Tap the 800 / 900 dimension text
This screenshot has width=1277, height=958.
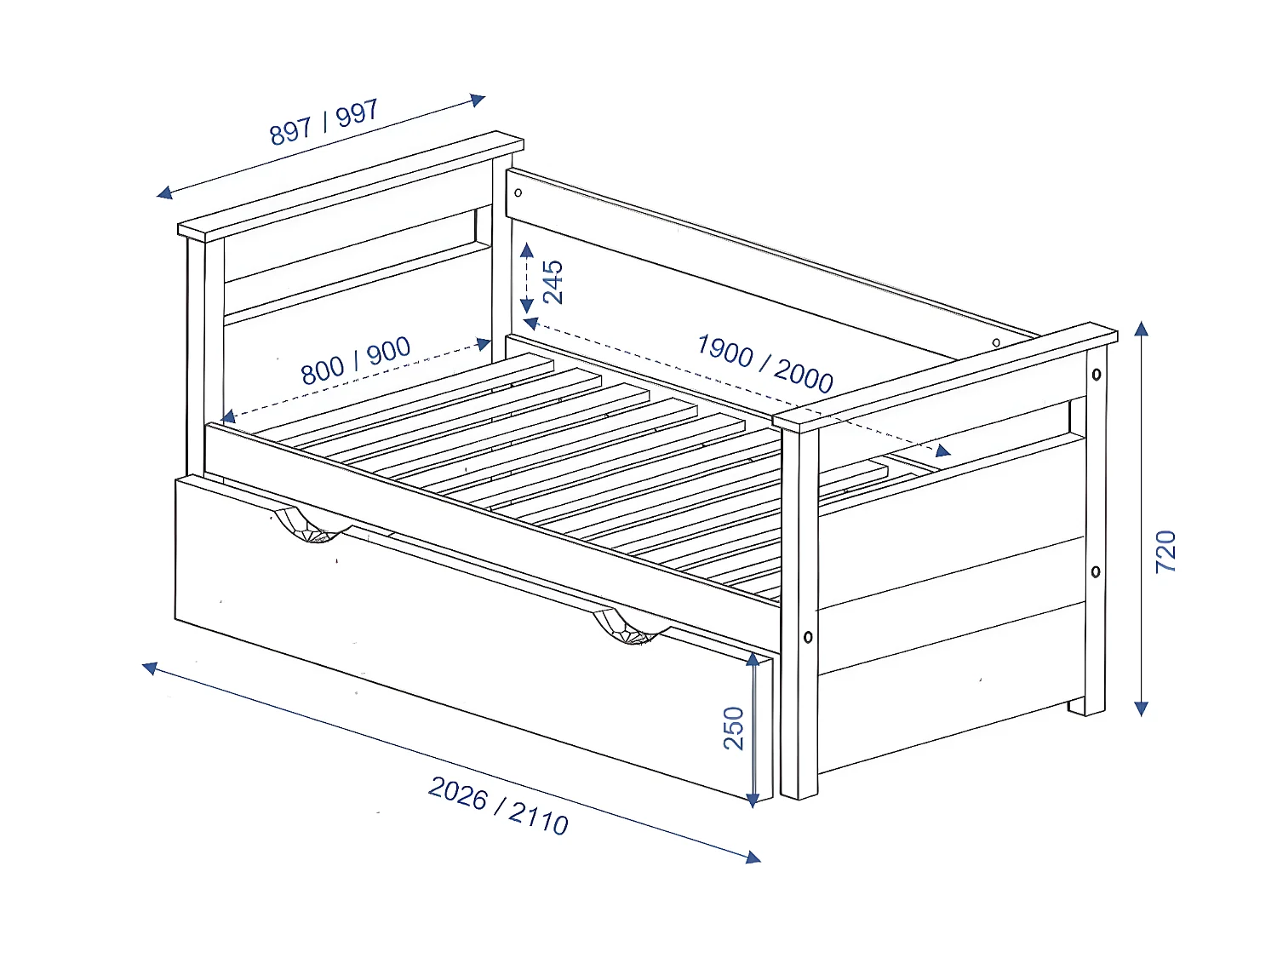point(356,360)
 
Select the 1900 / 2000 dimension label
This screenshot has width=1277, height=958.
point(764,362)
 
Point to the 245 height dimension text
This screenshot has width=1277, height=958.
point(553,282)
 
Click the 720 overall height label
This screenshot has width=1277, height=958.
point(1165,551)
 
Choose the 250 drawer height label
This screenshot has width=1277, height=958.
point(733,728)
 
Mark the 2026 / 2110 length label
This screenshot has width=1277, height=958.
point(498,806)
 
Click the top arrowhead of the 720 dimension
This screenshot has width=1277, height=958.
point(1142,328)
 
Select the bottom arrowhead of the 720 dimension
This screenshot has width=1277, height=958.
point(1142,708)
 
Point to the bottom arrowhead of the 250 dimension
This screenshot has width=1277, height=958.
point(753,800)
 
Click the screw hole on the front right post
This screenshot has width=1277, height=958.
point(808,637)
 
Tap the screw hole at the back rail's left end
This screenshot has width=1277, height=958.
point(518,192)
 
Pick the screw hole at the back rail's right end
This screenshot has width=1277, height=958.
point(996,343)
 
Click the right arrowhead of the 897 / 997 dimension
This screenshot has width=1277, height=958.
point(478,100)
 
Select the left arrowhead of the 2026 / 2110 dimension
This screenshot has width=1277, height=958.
point(150,668)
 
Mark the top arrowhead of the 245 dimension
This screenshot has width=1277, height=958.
point(527,250)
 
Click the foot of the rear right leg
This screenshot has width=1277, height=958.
point(1087,708)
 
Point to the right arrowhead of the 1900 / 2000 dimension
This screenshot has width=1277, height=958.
point(943,451)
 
